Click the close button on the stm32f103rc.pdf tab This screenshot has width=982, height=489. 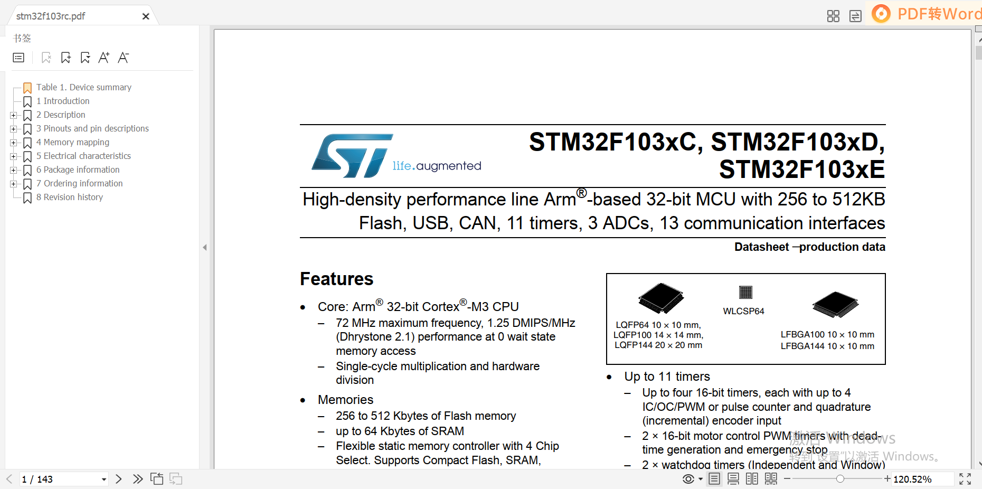coord(146,16)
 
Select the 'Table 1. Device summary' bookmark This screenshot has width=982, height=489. coord(83,87)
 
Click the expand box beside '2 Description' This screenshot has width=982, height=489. coord(13,115)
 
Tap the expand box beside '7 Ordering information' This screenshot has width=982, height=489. coord(13,184)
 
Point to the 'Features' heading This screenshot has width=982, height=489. coord(336,279)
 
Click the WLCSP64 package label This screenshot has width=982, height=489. coord(743,311)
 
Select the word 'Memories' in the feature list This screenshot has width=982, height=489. coord(345,400)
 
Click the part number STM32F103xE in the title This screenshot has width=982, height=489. coord(801,170)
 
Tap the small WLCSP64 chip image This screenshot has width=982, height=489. coord(745,292)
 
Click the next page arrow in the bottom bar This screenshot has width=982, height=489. coord(119,479)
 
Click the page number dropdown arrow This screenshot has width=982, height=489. coord(104,479)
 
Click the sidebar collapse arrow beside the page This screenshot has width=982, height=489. coord(205,247)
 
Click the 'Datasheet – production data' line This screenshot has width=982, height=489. coord(809,247)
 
